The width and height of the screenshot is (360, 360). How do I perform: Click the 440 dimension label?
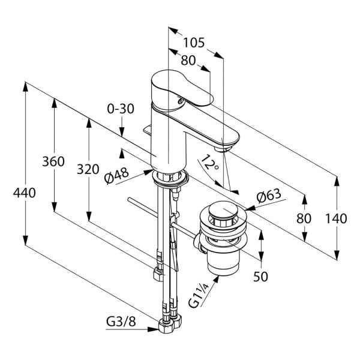tap(25, 193)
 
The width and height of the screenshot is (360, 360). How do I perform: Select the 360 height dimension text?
tap(53, 161)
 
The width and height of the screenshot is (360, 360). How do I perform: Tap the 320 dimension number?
tap(88, 169)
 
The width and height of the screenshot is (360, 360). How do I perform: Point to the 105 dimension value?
tap(194, 43)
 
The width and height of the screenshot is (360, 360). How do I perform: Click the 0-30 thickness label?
tap(121, 109)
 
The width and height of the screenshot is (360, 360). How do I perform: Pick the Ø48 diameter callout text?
tap(116, 175)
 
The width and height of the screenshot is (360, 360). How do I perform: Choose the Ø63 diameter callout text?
tap(269, 196)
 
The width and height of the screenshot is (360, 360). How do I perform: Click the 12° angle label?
tap(209, 163)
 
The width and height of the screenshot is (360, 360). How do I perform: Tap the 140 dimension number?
tap(336, 218)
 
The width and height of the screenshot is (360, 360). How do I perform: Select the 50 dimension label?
tap(260, 277)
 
